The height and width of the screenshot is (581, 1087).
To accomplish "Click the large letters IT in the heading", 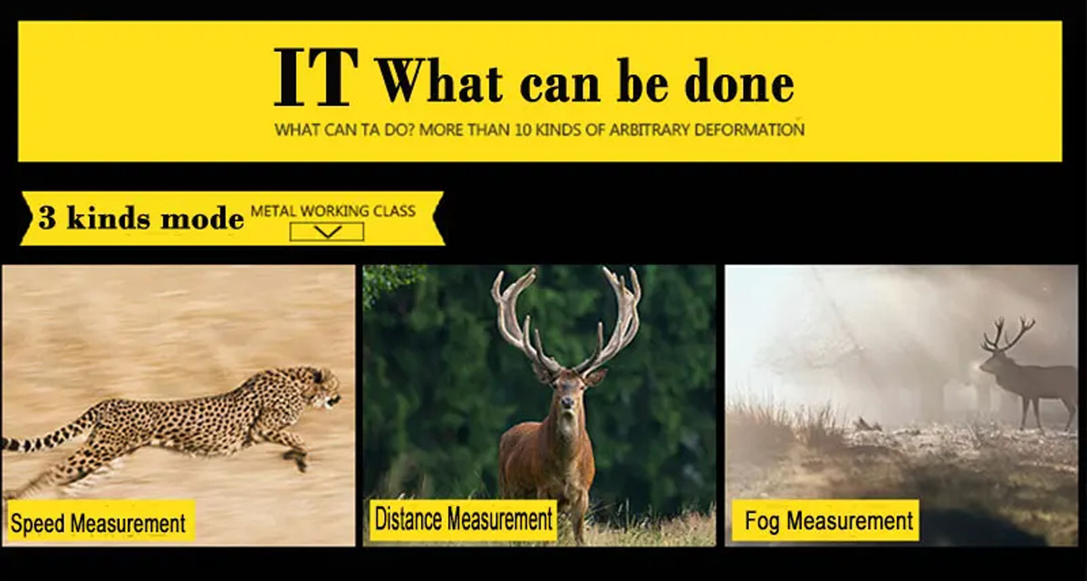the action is (316, 77).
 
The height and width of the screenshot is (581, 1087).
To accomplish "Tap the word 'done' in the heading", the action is (739, 80).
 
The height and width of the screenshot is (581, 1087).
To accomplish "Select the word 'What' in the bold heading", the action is (439, 80).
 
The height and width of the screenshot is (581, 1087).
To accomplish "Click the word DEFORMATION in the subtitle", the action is (749, 130).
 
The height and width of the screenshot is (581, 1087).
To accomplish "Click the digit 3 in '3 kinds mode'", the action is (47, 217).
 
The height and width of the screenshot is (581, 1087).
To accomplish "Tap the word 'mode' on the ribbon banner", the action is (202, 219).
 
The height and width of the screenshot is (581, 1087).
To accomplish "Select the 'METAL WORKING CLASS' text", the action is (333, 211).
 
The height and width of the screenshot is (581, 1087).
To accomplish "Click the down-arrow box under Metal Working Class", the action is (327, 232).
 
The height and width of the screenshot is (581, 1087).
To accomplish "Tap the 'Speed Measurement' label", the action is (98, 523).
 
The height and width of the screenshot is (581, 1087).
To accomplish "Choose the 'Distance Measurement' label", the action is (464, 519).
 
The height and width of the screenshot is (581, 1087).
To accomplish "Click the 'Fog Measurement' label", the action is (825, 520).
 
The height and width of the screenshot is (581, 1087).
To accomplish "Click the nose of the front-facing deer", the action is (567, 402).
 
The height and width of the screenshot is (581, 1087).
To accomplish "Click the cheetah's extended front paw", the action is (297, 460).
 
